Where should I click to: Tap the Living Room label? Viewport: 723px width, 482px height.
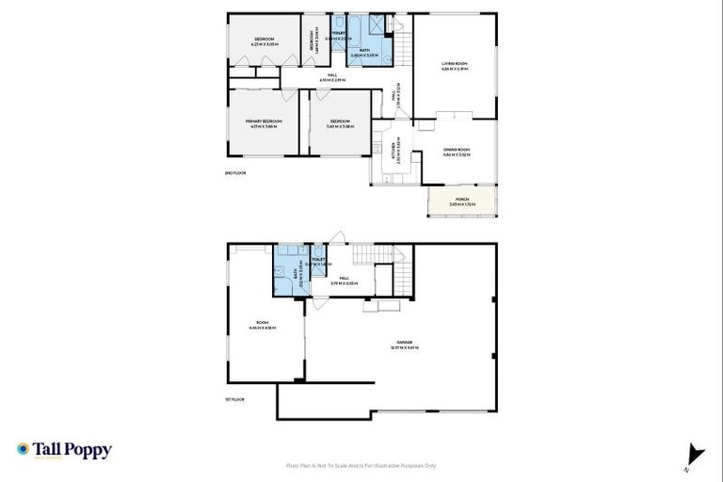(455, 66)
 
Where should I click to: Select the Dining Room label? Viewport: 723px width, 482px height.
(457, 151)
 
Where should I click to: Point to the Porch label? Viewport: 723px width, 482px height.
(461, 201)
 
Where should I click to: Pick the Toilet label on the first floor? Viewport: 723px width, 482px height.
(318, 263)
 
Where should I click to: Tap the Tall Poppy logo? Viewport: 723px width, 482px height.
(64, 450)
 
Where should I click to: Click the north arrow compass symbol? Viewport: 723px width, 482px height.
(695, 455)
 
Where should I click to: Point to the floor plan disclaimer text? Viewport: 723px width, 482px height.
(361, 465)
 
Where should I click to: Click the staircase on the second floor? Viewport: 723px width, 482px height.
(401, 42)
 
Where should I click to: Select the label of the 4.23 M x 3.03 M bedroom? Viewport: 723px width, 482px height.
(263, 41)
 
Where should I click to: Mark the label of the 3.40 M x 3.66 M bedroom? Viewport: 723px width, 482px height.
(339, 123)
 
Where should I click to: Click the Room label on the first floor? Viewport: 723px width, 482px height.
(263, 325)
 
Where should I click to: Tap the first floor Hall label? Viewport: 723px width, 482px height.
(345, 280)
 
